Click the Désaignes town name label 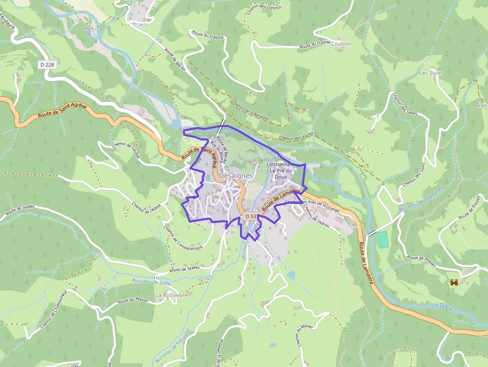(x=236, y=176)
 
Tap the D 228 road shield (x=47, y=65)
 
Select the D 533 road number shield (x=251, y=217)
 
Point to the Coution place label (x=341, y=44)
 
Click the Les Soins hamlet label (x=431, y=73)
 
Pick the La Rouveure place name (x=171, y=295)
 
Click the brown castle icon (x=454, y=282)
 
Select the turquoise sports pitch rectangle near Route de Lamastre (x=382, y=240)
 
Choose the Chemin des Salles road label (x=405, y=104)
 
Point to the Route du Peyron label (x=133, y=300)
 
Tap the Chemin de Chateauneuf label (x=54, y=310)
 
